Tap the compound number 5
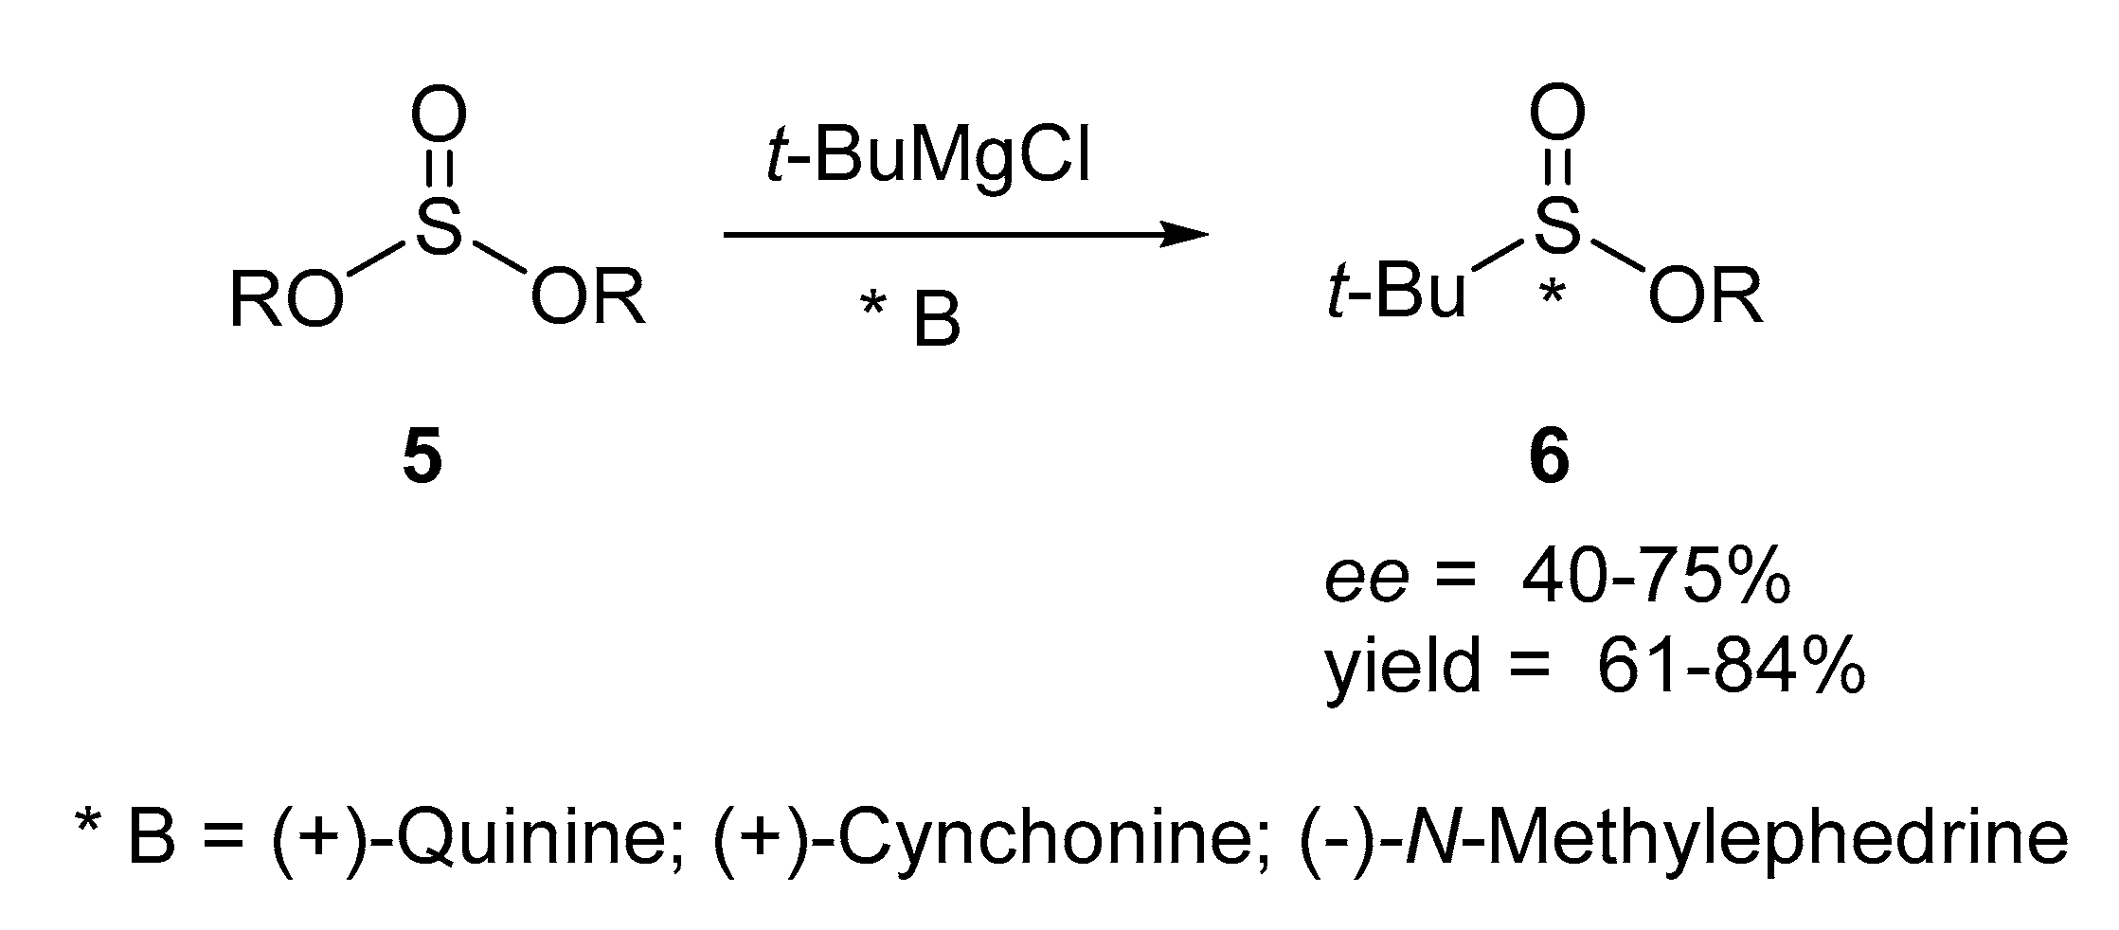(x=422, y=460)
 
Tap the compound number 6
(x=1550, y=460)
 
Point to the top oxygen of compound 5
(x=438, y=116)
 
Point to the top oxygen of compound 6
(x=1555, y=116)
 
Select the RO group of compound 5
(x=284, y=302)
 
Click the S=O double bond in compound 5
(x=438, y=170)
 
